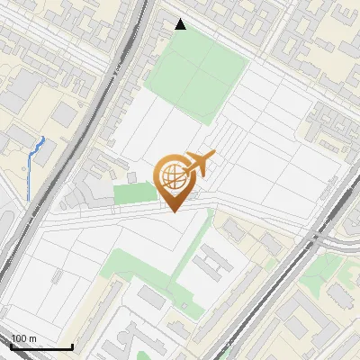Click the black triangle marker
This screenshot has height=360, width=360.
[x=181, y=24]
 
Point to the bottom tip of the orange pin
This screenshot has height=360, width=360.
[x=174, y=211]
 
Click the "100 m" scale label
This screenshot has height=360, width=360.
[x=23, y=338]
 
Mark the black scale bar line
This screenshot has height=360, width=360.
[x=41, y=347]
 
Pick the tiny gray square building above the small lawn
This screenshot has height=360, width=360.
[x=131, y=177]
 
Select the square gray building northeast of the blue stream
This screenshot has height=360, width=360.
[x=65, y=114]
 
